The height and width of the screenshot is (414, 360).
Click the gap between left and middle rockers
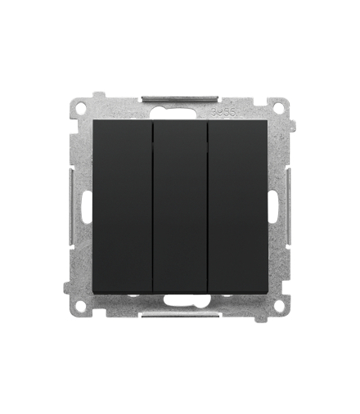pyautogui.click(x=151, y=206)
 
